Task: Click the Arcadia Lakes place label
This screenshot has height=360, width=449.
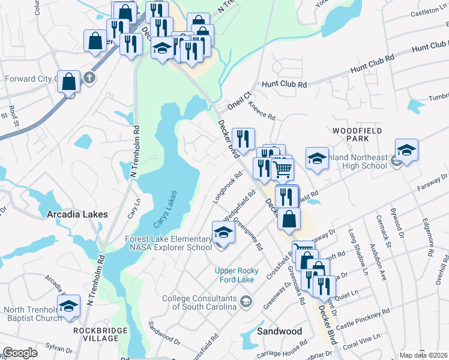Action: (x=77, y=214)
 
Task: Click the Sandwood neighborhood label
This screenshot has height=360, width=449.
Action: (x=279, y=331)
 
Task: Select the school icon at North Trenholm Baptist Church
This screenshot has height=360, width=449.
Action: (x=69, y=305)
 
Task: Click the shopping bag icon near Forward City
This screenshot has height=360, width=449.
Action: (x=69, y=82)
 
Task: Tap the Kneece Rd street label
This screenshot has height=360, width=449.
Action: (x=262, y=112)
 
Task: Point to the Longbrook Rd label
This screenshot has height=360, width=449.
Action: (x=228, y=187)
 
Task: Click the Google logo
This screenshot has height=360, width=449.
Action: (x=20, y=353)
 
